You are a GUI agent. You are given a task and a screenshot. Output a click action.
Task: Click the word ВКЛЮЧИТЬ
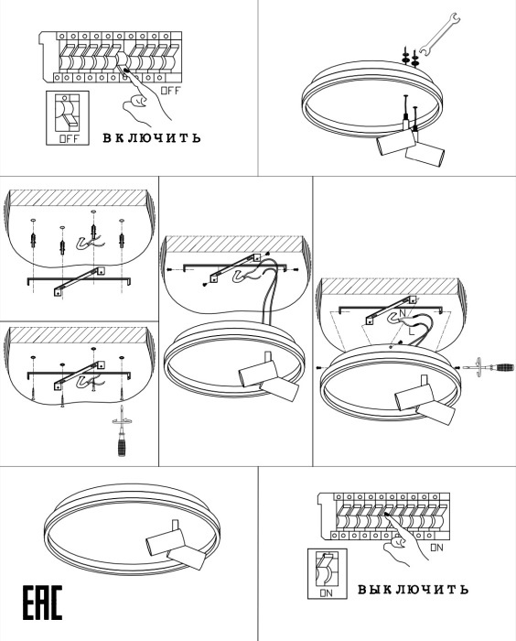(x=152, y=137)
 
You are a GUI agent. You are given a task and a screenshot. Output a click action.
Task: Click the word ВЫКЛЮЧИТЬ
(x=413, y=589)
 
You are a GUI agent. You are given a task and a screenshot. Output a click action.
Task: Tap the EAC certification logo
(x=42, y=603)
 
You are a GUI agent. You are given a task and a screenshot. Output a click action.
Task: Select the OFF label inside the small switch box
(x=69, y=138)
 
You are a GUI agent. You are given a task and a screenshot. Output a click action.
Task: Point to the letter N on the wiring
(x=403, y=313)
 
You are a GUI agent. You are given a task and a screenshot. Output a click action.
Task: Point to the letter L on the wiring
(x=412, y=331)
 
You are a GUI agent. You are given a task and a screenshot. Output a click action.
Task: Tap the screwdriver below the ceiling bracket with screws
(x=121, y=431)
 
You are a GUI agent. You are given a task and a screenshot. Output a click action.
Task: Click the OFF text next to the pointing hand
(x=170, y=91)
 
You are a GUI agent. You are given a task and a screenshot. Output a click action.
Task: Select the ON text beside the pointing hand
(x=436, y=548)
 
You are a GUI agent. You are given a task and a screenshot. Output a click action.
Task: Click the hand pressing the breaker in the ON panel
(x=403, y=540)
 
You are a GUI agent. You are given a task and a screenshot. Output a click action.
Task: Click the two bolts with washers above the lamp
(x=410, y=57)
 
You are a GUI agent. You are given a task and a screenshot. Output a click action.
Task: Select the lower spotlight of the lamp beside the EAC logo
(x=187, y=559)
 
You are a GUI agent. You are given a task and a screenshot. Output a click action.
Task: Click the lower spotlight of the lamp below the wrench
(x=425, y=154)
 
